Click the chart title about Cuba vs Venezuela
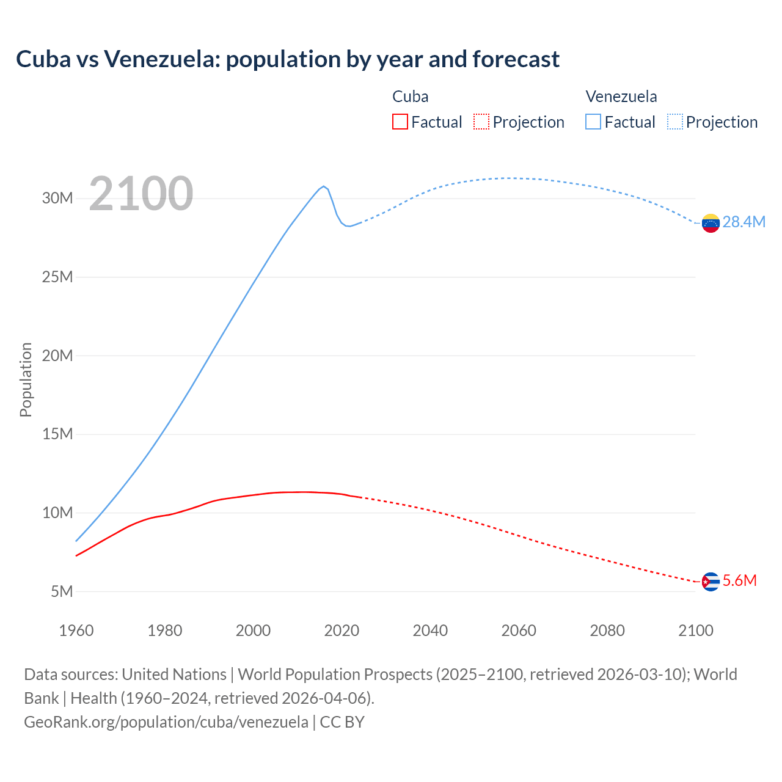tap(287, 59)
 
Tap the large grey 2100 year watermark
tap(141, 194)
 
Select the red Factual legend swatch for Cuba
tap(400, 122)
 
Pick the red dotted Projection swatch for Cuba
tap(481, 122)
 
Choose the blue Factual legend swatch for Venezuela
tap(593, 122)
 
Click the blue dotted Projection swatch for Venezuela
tap(674, 122)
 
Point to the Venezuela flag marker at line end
tap(710, 223)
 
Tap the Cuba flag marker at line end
tap(710, 582)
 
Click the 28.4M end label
tap(744, 222)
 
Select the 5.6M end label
tap(739, 580)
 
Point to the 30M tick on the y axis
tap(57, 199)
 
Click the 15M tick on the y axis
tap(57, 434)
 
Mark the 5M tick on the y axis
tap(61, 591)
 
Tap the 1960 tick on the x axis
tap(76, 630)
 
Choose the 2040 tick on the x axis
tap(430, 630)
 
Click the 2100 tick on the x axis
tap(695, 630)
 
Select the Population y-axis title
tap(26, 379)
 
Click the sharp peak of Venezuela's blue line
tap(324, 186)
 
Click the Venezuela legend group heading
tap(621, 97)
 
